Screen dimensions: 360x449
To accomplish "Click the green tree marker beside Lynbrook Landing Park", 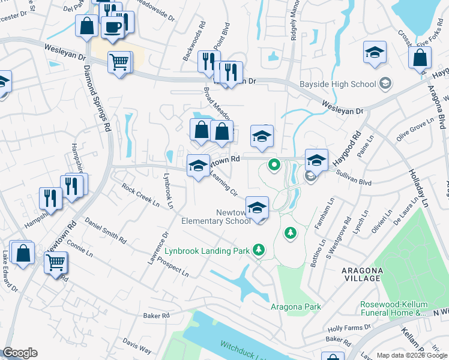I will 259,249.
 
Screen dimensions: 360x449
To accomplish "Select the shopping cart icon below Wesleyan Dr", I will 119,61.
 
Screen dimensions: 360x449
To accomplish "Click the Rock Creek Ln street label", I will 140,195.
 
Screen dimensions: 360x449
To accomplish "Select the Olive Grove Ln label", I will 415,130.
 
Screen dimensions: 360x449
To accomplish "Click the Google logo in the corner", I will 20,353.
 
